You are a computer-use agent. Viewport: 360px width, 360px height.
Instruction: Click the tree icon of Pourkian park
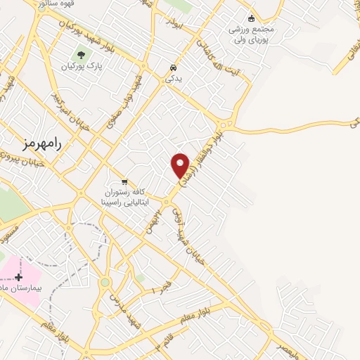point(82,54)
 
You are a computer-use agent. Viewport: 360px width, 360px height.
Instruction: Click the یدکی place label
point(173,79)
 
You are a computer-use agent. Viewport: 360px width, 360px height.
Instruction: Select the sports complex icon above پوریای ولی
point(251,18)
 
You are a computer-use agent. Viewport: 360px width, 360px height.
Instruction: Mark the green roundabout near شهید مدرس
point(105,283)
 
